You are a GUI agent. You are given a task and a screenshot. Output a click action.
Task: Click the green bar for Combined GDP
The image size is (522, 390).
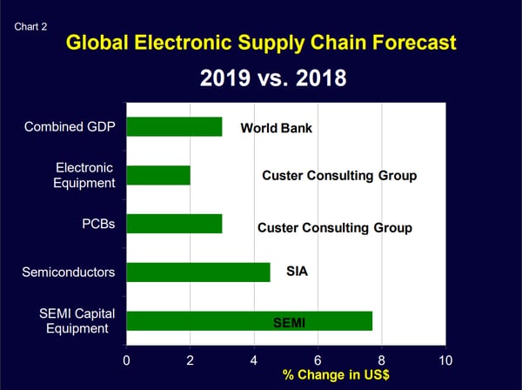(x=174, y=127)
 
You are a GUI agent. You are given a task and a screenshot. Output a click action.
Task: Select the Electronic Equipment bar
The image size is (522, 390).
(x=158, y=175)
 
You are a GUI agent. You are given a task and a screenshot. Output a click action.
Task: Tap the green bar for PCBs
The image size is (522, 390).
(x=174, y=224)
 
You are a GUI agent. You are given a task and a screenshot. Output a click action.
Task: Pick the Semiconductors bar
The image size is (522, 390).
(x=198, y=272)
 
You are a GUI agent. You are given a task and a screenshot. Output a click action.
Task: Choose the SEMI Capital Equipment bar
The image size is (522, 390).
(x=249, y=320)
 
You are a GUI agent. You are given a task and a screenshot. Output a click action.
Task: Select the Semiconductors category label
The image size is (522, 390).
(x=69, y=272)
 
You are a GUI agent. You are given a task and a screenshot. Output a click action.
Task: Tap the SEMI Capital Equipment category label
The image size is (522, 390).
(x=79, y=320)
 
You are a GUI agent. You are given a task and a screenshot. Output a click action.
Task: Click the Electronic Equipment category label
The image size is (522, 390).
(x=85, y=174)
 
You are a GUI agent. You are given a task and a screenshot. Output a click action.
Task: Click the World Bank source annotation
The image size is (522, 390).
(x=276, y=129)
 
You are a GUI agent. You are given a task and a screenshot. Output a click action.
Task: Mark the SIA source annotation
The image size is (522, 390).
(x=298, y=272)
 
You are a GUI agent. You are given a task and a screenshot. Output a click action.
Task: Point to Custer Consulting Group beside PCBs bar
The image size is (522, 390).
(x=335, y=228)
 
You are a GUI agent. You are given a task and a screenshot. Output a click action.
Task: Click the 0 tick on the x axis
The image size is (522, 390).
(x=127, y=360)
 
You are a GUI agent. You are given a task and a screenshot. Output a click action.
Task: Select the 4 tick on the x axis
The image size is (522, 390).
(x=254, y=360)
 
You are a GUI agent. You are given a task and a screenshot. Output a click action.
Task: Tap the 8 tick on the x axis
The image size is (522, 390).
(x=382, y=360)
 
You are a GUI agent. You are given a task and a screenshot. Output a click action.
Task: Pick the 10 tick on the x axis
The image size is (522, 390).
(x=445, y=360)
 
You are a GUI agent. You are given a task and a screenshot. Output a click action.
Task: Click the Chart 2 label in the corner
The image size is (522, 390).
(x=31, y=26)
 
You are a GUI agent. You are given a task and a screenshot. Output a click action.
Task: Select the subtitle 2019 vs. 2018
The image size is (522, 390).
(x=273, y=78)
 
